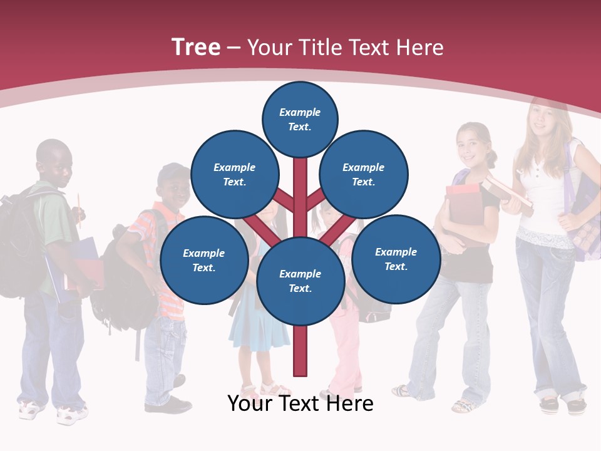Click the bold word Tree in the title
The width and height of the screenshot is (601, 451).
[x=196, y=48]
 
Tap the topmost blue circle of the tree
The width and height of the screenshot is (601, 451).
[x=300, y=119]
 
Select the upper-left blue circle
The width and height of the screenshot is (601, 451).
[x=234, y=174]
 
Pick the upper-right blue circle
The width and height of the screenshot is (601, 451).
[x=364, y=174]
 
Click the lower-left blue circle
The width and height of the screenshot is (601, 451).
[x=204, y=260]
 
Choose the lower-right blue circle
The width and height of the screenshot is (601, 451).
[x=396, y=259]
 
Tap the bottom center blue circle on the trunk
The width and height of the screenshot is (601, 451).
[x=300, y=281]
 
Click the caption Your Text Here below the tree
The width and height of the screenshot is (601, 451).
[x=300, y=403]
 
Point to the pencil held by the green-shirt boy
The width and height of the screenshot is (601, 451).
[x=80, y=207]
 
